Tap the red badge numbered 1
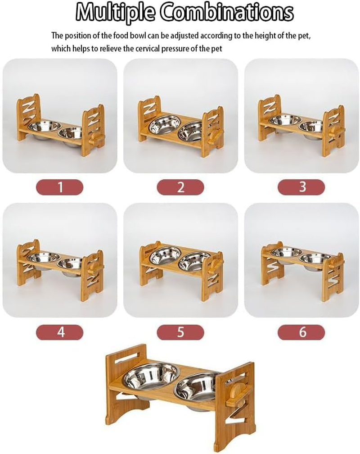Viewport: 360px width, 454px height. click(x=60, y=187)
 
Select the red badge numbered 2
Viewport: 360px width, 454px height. click(x=180, y=187)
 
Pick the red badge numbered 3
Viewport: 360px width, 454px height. click(x=301, y=187)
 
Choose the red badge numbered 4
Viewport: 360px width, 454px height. click(x=60, y=332)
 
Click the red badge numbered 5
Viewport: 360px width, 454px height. click(x=180, y=332)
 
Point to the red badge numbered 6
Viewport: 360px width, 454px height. click(x=301, y=332)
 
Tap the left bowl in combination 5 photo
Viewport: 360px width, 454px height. click(x=165, y=255)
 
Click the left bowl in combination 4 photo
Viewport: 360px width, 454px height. click(x=44, y=258)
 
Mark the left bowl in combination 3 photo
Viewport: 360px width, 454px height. click(x=285, y=120)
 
